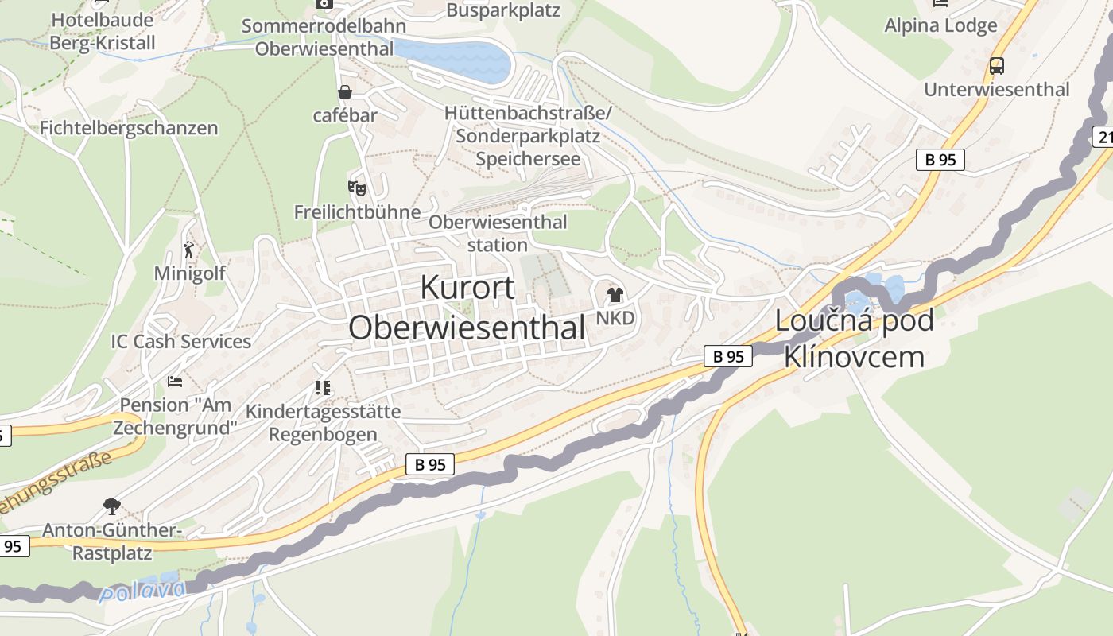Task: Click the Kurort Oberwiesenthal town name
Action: (x=467, y=308)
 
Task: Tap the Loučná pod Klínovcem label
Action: (x=854, y=339)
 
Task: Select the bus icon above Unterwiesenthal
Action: (x=996, y=66)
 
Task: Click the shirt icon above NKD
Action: (x=615, y=295)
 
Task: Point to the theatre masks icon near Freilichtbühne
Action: (x=357, y=188)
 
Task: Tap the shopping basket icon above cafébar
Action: (x=345, y=92)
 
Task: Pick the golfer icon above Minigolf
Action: (x=189, y=250)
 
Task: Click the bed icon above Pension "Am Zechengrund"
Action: (x=175, y=382)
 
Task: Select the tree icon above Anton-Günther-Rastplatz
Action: (x=112, y=506)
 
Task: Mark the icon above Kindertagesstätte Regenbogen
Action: (x=322, y=388)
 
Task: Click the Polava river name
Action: (x=143, y=591)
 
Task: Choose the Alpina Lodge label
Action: (x=940, y=25)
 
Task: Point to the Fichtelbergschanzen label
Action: (x=129, y=128)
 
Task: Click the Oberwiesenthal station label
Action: (x=498, y=233)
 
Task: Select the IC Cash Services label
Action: (x=180, y=342)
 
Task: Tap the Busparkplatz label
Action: (x=503, y=10)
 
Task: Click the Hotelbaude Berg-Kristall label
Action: (x=103, y=32)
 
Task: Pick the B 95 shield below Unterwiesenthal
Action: (x=940, y=160)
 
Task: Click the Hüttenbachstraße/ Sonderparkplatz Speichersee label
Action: (x=528, y=136)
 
